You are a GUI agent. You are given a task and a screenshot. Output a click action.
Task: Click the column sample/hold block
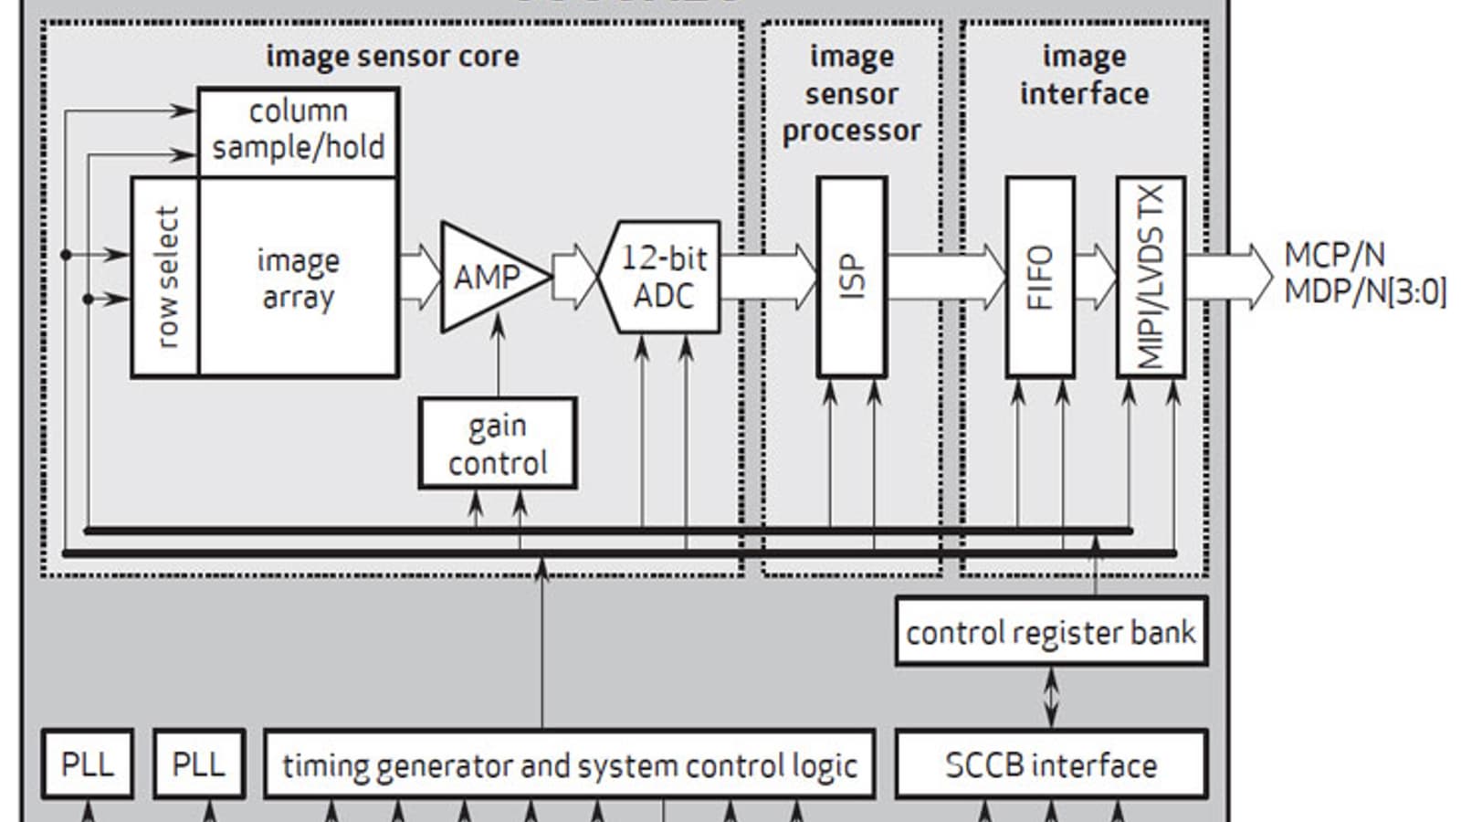point(299,131)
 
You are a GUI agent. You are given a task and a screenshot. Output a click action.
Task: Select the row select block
point(165,277)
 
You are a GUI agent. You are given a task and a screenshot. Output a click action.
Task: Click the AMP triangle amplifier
point(488,277)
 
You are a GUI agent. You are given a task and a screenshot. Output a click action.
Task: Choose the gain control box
point(498,444)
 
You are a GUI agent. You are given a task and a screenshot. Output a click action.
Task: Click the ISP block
point(852,277)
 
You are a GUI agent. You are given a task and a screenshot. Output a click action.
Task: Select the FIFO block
point(1040,277)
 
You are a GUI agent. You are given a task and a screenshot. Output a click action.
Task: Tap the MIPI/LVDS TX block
point(1151,277)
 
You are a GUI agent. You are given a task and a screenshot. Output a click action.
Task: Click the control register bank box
point(1051,632)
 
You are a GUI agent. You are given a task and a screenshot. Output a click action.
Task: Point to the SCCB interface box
point(1051,764)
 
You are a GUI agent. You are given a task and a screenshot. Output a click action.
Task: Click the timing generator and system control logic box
point(570,764)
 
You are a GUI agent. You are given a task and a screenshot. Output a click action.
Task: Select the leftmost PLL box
point(88,764)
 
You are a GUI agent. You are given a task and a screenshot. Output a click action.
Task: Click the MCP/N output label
point(1334,256)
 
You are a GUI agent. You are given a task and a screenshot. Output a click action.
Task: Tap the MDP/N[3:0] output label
point(1365,292)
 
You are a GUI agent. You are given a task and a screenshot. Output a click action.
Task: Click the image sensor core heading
point(393,57)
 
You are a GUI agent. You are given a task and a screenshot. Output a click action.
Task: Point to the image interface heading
point(1084,75)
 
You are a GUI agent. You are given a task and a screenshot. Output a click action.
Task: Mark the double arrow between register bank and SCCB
point(1051,698)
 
